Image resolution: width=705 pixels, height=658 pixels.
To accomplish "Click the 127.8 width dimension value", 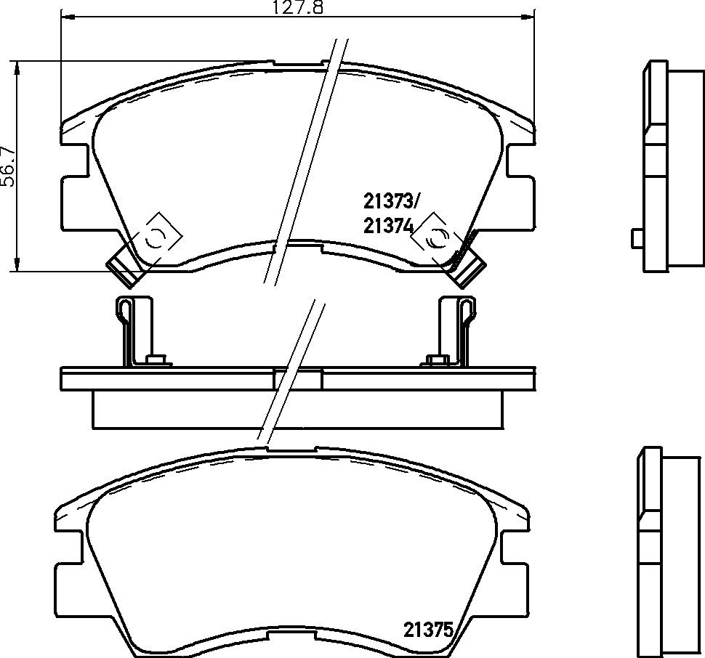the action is (x=298, y=8).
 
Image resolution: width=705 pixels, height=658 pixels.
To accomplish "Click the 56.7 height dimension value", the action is (x=9, y=166).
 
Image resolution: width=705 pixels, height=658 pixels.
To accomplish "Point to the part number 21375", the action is (x=427, y=630).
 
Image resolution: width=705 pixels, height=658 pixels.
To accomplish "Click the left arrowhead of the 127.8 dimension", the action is (x=67, y=17).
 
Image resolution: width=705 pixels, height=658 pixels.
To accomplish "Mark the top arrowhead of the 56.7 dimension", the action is (x=17, y=68).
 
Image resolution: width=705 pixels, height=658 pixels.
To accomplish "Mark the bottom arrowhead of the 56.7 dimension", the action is (x=17, y=264).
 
